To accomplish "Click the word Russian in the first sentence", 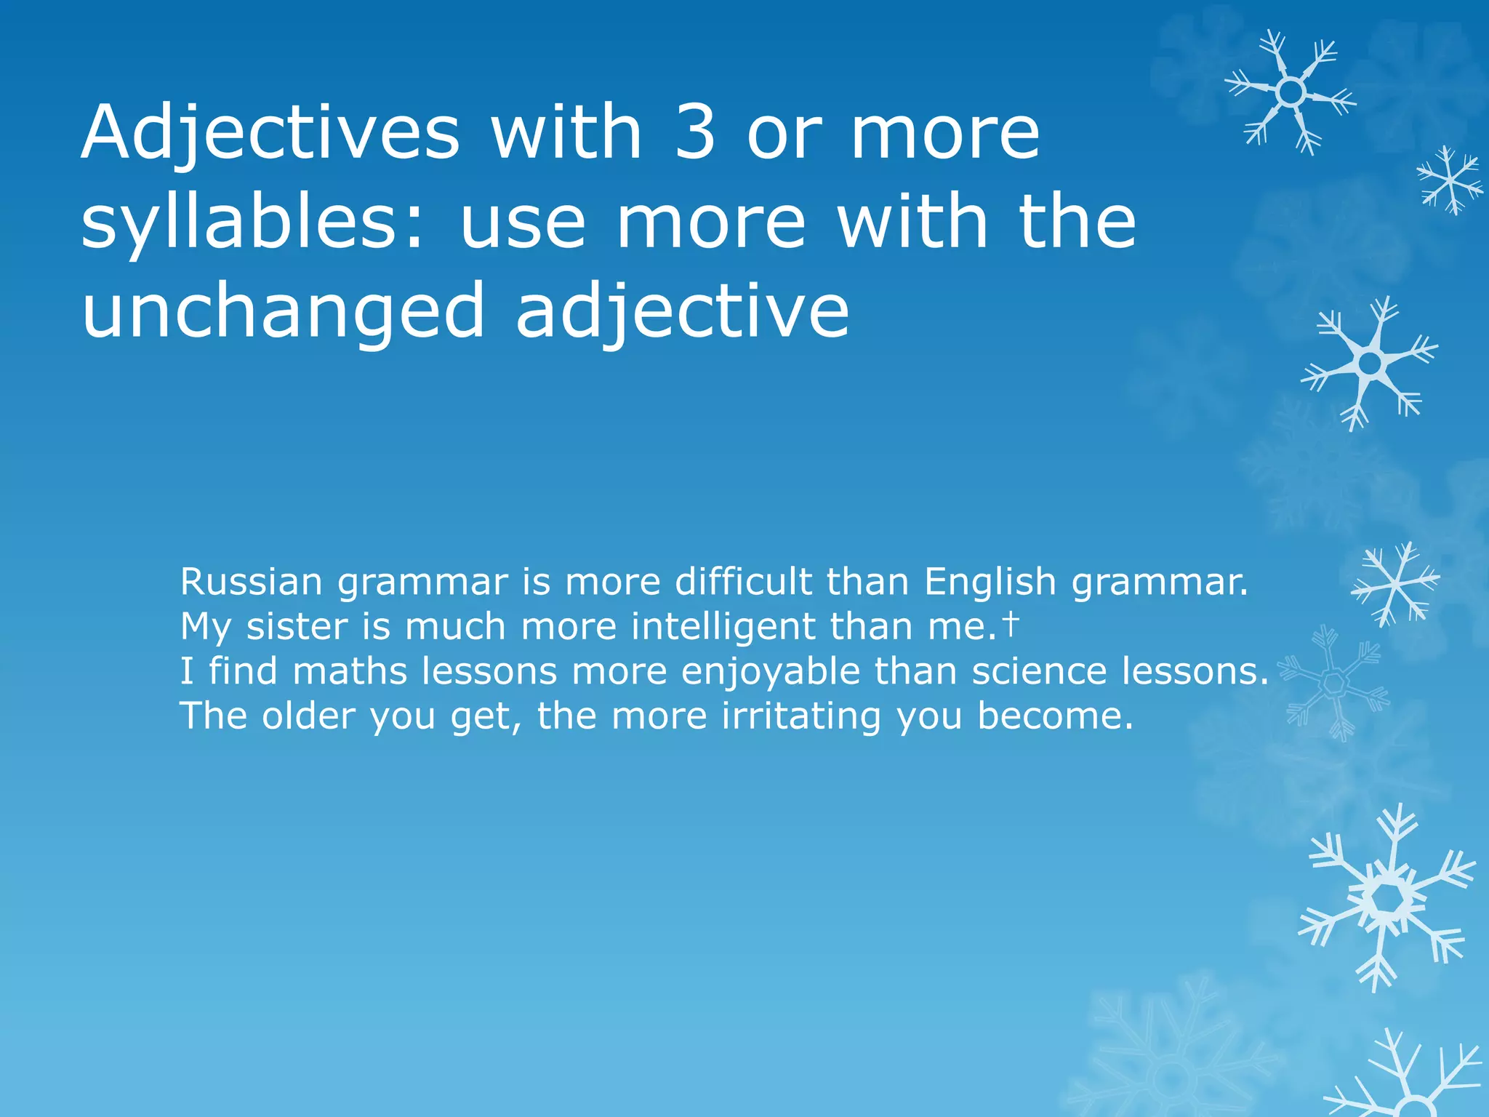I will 252,582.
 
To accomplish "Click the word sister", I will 297,627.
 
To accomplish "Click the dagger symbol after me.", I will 1011,624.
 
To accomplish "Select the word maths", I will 349,671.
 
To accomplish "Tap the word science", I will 1039,671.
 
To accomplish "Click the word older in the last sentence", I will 308,716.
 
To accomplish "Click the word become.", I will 1054,716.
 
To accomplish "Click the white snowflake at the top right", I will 1290,92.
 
